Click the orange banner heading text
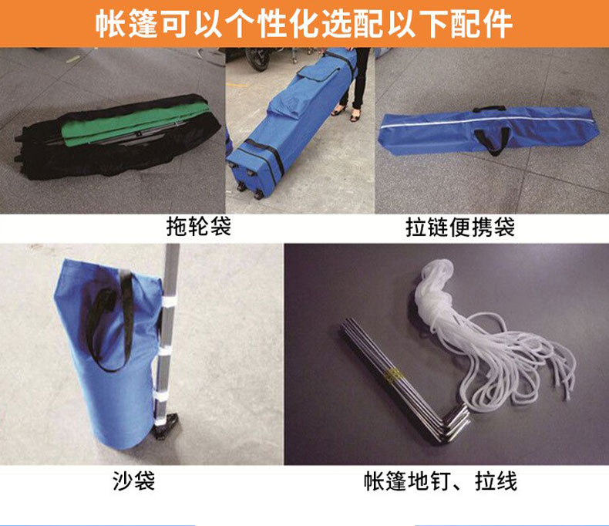[x=304, y=24]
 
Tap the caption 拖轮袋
[x=198, y=226]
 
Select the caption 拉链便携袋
[x=460, y=228]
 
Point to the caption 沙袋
[x=133, y=481]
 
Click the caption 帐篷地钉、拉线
[x=440, y=481]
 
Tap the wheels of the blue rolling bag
[x=245, y=183]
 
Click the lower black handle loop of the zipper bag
[x=492, y=140]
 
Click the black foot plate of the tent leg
[x=167, y=426]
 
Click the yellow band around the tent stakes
[x=392, y=374]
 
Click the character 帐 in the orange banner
[x=110, y=24]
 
